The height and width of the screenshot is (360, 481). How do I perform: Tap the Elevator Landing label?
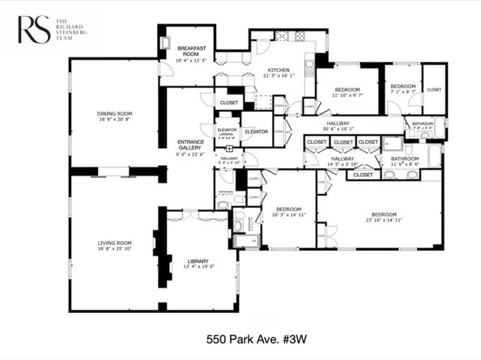coord(226,133)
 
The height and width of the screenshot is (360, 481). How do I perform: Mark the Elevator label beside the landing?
coord(256,132)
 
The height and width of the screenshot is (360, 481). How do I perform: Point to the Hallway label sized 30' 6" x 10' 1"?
coord(338,124)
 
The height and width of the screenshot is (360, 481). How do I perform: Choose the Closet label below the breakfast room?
coord(229,104)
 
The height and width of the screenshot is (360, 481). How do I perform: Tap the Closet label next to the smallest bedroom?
coord(434,90)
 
